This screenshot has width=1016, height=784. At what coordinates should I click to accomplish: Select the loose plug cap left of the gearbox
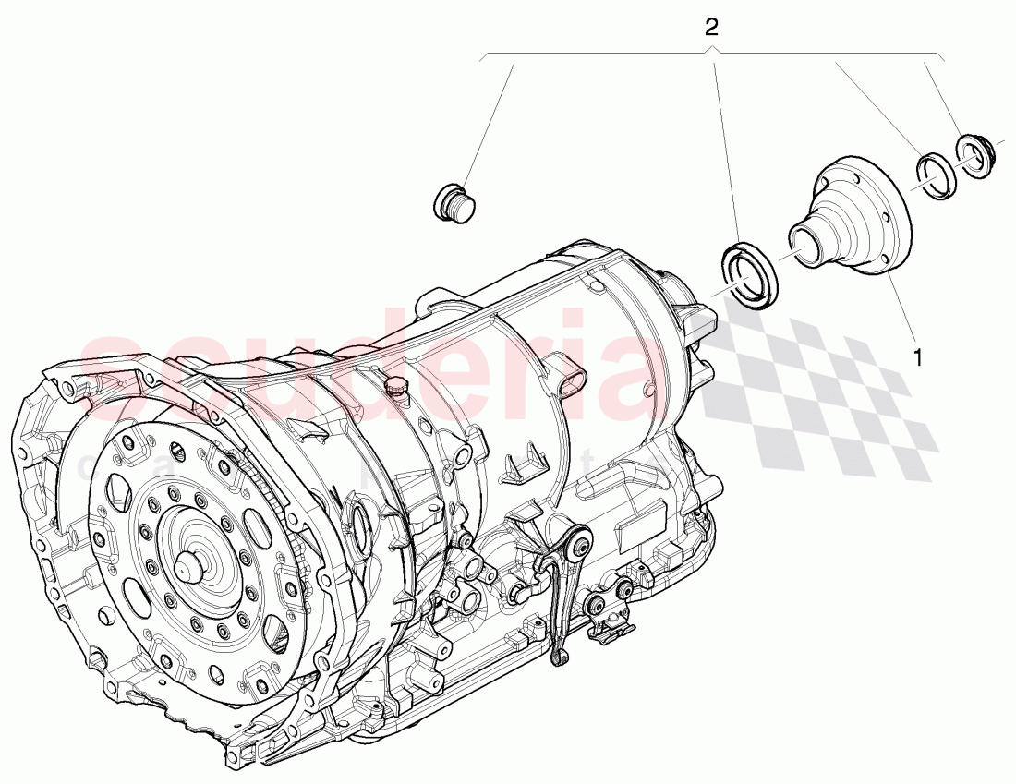click(454, 201)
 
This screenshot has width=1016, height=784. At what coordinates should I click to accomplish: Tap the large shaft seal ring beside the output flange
click(749, 274)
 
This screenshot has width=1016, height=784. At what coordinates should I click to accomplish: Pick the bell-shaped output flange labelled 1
click(850, 218)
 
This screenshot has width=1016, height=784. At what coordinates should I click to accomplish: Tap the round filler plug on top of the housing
click(397, 387)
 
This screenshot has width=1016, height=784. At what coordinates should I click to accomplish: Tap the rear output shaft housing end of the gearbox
click(688, 314)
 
